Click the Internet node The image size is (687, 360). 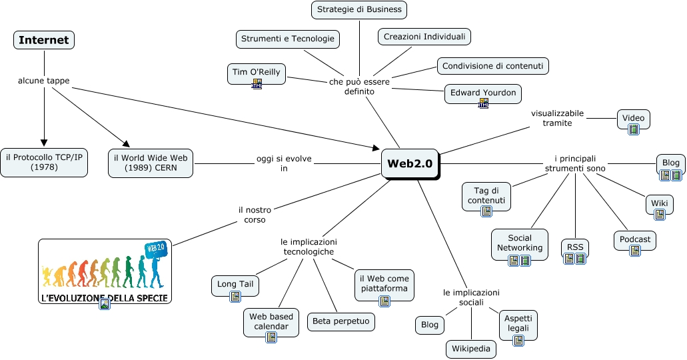point(44,40)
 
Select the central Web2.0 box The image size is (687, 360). point(410,163)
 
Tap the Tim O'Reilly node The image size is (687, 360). point(257,72)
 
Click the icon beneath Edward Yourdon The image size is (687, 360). point(484,103)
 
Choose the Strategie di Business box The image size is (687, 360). point(359,9)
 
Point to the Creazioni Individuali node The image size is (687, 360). point(424,37)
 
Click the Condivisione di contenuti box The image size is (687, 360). point(493,65)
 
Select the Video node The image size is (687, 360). point(633,119)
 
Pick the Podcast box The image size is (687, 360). point(635,239)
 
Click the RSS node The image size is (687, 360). point(574,247)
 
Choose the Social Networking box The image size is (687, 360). point(520,243)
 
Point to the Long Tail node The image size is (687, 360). point(235,285)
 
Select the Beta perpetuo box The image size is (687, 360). point(341,322)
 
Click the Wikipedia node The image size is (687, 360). point(471,349)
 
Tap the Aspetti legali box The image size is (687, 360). point(518,323)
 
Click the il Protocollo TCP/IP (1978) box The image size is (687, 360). point(44,163)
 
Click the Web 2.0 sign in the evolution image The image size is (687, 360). point(155,248)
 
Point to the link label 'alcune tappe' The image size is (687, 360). point(43,81)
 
